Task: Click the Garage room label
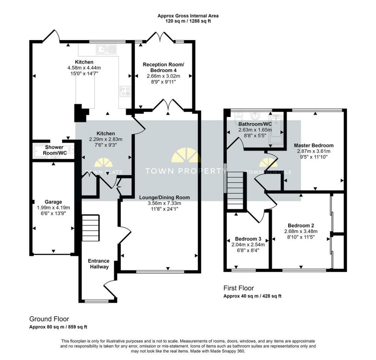tap(53, 202)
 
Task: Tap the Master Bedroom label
tap(314, 145)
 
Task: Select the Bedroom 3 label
tap(248, 239)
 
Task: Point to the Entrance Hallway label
tap(98, 263)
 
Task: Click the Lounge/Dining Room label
tap(164, 197)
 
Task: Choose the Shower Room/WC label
tap(54, 150)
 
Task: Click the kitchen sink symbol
tap(106, 50)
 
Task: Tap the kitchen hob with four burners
tap(125, 91)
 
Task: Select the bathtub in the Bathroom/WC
tap(276, 130)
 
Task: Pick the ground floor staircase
tap(91, 228)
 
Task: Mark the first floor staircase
tap(235, 190)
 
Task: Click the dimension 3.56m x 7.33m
tap(164, 203)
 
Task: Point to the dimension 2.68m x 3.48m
tap(301, 231)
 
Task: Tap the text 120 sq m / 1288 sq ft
tap(188, 21)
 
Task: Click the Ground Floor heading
tap(49, 319)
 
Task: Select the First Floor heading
tap(239, 288)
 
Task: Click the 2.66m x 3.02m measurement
tap(163, 76)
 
